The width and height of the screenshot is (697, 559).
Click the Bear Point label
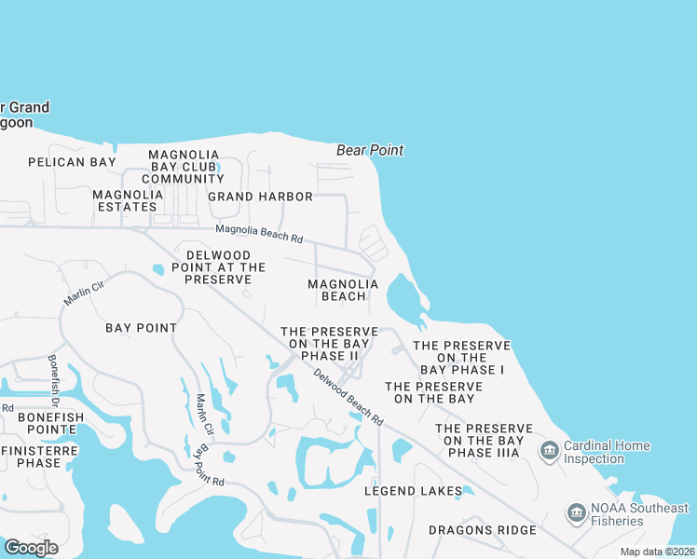tap(369, 150)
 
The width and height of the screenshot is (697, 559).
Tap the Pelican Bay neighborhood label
tap(72, 162)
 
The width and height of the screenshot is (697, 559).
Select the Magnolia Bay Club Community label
tap(184, 167)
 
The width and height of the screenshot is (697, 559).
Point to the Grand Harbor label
tap(260, 197)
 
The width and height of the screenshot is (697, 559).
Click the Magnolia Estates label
tap(128, 200)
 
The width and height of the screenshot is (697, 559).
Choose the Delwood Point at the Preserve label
tap(218, 267)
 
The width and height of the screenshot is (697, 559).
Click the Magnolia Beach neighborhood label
tap(343, 290)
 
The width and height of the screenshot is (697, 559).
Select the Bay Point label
tap(142, 328)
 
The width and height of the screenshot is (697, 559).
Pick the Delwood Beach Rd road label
tap(348, 398)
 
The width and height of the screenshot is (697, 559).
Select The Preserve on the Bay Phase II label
tap(329, 344)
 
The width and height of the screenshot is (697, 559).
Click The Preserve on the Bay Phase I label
tap(461, 357)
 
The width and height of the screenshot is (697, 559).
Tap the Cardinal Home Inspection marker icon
tap(549, 452)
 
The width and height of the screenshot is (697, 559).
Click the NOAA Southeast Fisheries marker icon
tap(575, 513)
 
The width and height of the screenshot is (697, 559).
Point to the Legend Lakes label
tap(413, 491)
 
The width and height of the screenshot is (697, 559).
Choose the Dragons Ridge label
tap(482, 530)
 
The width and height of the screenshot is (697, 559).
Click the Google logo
tap(32, 547)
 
